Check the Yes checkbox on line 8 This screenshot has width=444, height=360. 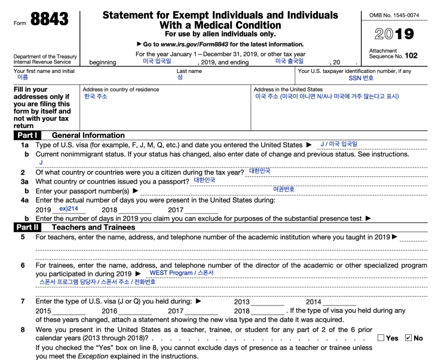point(381,338)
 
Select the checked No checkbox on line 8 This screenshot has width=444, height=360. point(408,338)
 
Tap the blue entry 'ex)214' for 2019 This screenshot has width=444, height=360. point(69,209)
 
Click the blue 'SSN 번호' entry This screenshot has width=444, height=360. point(361,78)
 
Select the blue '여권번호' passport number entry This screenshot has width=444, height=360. point(283,189)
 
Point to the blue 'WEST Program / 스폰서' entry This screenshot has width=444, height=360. point(182,273)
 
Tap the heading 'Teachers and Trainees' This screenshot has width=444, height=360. point(94,227)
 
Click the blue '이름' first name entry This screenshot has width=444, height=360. point(23,78)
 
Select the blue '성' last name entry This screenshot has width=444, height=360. point(180,78)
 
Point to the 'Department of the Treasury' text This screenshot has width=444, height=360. point(45,57)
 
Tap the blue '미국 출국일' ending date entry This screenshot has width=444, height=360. point(289,61)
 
